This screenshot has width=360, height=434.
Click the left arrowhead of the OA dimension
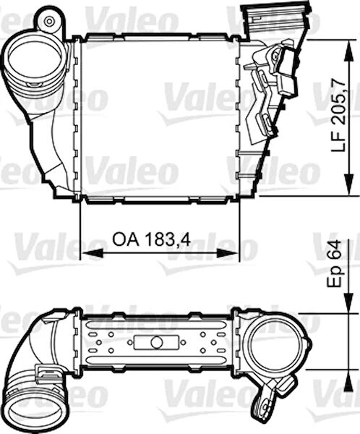click(91, 253)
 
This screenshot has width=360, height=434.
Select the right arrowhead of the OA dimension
click(227, 253)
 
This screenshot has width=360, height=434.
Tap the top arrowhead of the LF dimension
click(349, 51)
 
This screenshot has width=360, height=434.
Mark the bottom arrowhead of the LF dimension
click(349, 184)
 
